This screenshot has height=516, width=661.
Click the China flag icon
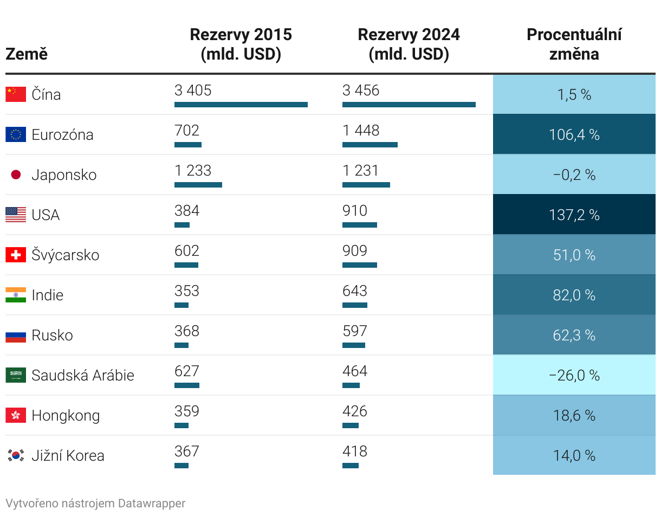coord(16,94)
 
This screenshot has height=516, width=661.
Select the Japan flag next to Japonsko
coord(16,175)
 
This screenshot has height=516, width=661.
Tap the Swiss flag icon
coord(16,255)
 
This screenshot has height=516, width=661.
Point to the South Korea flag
coord(16,455)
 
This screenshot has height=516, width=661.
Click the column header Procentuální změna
coord(574,44)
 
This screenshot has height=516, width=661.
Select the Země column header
coord(27,54)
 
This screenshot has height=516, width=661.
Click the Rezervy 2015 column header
coord(241,44)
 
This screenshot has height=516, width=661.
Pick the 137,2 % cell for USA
coord(574,215)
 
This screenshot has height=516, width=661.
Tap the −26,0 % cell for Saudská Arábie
coord(574,375)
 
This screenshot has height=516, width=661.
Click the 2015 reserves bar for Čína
coord(241,105)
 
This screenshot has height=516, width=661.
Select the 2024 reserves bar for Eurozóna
coord(370,145)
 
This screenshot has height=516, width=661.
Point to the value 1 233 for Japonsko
coord(193,170)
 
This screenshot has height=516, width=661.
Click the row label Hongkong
coord(66,415)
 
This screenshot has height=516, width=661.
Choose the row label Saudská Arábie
coord(83,375)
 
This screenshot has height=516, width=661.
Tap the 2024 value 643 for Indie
coord(355,291)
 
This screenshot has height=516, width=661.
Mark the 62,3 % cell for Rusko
coord(574,335)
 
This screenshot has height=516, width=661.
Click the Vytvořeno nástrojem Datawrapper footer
coord(95,503)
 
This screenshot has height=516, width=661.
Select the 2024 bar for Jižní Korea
coord(351,466)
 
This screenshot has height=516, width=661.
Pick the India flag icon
coord(16,295)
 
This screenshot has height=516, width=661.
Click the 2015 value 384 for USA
coord(187,210)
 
